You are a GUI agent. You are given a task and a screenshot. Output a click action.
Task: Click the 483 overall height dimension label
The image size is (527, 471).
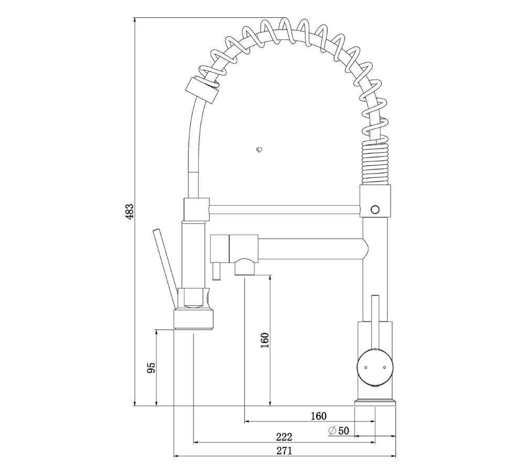click(130, 211)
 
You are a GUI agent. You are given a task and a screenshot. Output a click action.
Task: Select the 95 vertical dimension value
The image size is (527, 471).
click(152, 368)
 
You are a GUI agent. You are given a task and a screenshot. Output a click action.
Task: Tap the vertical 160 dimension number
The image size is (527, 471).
click(265, 340)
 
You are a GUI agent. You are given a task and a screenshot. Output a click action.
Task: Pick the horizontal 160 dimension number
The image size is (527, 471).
click(319, 416)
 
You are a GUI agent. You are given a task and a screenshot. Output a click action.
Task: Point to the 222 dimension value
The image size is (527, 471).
click(284, 437)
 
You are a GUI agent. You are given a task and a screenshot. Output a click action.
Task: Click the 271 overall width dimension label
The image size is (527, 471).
click(284, 451)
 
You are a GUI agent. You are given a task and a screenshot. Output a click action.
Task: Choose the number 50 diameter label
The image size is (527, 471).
click(344, 431)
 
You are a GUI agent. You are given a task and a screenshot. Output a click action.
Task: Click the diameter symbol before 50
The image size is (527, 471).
click(332, 431)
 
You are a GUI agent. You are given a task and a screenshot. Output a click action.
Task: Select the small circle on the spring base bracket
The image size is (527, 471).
click(375, 210)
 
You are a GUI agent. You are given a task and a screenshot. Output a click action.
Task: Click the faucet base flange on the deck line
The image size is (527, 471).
click(375, 402)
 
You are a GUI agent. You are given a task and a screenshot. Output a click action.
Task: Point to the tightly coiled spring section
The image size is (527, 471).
click(376, 164)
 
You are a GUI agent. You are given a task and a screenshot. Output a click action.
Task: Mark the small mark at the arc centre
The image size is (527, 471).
click(259, 149)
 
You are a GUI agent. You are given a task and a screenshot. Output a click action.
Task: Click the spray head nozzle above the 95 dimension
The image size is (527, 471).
click(193, 320)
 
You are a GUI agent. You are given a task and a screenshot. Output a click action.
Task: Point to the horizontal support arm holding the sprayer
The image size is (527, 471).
click(285, 209)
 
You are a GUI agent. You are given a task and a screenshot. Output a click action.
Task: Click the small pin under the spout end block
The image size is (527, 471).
click(216, 271)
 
